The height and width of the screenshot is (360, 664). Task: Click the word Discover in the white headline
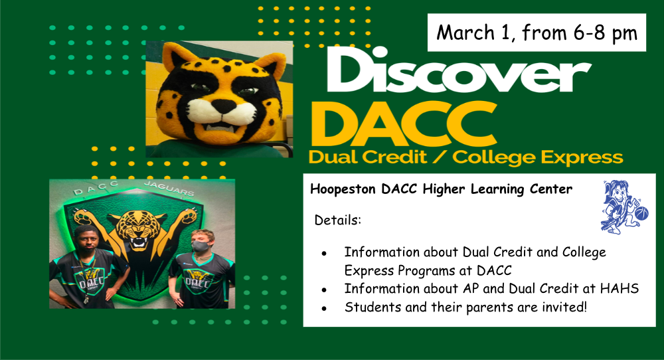pyautogui.click(x=459, y=70)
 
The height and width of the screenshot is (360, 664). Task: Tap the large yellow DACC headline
pyautogui.click(x=404, y=124)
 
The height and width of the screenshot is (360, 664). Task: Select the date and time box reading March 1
pyautogui.click(x=537, y=33)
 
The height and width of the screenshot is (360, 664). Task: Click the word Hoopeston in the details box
pyautogui.click(x=343, y=189)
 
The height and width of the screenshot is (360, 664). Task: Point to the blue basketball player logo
pyautogui.click(x=624, y=207)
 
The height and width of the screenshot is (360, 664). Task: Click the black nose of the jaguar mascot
pyautogui.click(x=223, y=106)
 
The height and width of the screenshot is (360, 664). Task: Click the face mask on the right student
pyautogui.click(x=200, y=246)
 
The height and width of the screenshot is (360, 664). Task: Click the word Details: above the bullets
pyautogui.click(x=337, y=221)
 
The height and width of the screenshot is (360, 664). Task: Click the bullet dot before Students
pyautogui.click(x=324, y=308)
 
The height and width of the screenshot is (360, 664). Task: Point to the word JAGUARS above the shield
pyautogui.click(x=169, y=189)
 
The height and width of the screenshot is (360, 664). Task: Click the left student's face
pyautogui.click(x=86, y=239)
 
